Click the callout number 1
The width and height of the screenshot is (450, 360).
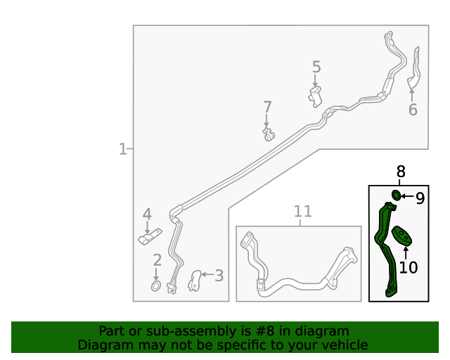(122, 149)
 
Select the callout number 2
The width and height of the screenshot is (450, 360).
(157, 260)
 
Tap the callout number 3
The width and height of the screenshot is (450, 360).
(219, 276)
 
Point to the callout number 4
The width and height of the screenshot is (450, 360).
(147, 214)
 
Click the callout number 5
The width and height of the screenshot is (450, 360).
(316, 67)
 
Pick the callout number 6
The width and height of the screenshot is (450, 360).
(413, 110)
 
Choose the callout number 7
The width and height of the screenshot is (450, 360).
(267, 107)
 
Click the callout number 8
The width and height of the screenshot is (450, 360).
(401, 172)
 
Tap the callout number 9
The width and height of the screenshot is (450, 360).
(420, 198)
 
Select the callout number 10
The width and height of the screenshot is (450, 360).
(408, 268)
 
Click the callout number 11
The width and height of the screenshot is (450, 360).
(303, 212)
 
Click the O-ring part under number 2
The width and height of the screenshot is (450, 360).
(156, 286)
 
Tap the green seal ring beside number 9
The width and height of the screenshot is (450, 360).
(397, 195)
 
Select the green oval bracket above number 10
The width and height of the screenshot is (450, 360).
(402, 236)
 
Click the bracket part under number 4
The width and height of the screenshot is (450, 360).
(150, 236)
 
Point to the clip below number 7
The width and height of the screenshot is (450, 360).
(269, 134)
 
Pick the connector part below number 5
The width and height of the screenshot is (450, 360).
(315, 97)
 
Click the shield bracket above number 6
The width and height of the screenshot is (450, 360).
(414, 67)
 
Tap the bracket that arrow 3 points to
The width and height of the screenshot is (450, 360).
(195, 281)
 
